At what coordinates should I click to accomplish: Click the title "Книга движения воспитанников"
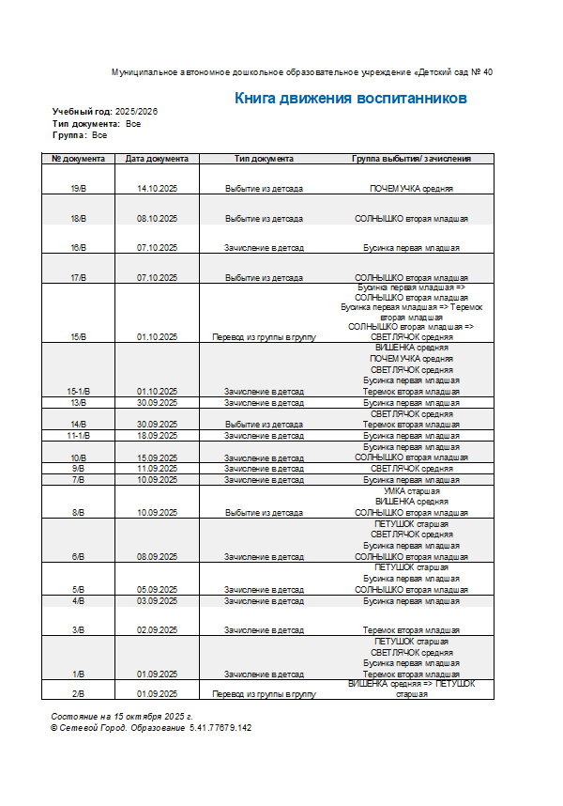(350, 98)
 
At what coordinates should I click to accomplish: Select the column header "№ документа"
(78, 159)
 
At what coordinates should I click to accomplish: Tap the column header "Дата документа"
(157, 159)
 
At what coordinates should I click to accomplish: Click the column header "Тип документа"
(264, 159)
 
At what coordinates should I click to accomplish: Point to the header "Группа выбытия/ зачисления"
(412, 159)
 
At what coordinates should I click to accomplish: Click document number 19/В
(78, 189)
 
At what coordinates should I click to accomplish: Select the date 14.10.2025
(157, 189)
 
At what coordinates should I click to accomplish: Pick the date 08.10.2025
(157, 219)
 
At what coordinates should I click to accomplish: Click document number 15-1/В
(78, 391)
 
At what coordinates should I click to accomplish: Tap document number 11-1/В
(78, 436)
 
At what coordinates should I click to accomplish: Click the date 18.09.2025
(157, 436)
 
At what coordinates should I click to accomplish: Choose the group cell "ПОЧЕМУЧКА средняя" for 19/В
(412, 189)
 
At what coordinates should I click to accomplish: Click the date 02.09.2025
(157, 630)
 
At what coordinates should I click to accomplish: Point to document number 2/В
(78, 694)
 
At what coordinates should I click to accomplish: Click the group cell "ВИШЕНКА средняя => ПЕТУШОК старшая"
(412, 689)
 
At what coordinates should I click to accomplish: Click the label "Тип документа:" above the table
(85, 123)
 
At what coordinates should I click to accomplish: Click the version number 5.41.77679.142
(221, 727)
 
